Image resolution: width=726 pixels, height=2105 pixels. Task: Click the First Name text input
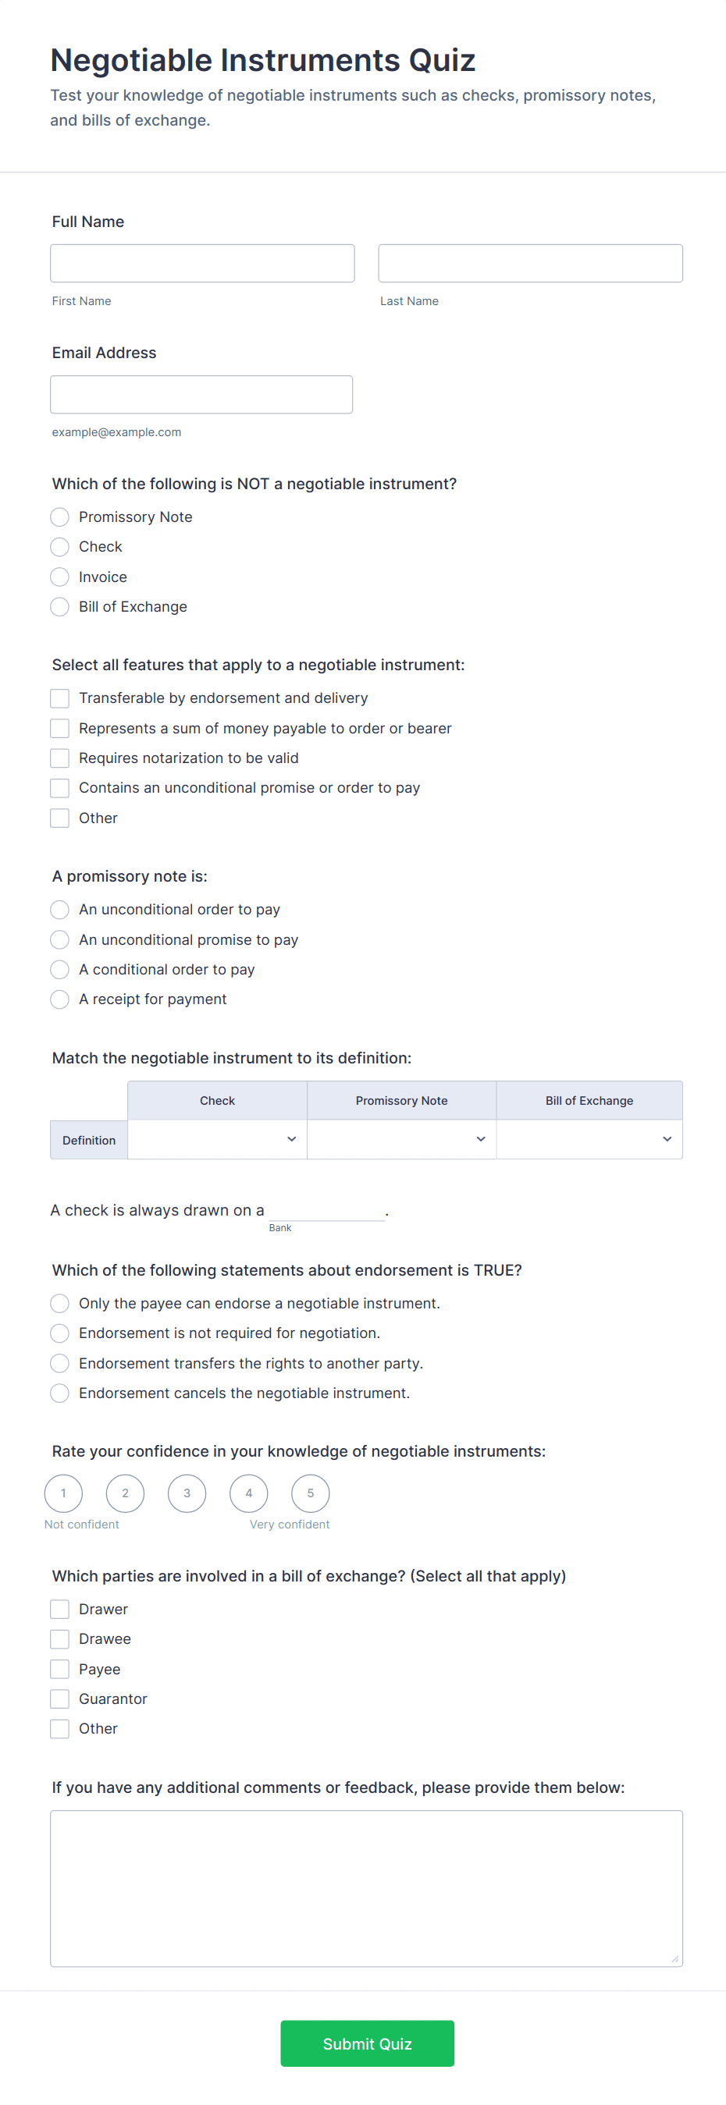[202, 263]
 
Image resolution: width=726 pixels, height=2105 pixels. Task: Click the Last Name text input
[530, 263]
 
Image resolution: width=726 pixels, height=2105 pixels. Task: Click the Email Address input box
[201, 395]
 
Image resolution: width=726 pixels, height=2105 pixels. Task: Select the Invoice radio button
[59, 577]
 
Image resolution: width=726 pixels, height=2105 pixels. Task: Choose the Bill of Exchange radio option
[59, 606]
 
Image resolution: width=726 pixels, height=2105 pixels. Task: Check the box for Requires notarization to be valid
[59, 758]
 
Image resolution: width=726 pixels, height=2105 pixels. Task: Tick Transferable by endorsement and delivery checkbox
[59, 698]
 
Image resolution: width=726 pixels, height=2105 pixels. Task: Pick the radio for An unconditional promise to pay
[59, 939]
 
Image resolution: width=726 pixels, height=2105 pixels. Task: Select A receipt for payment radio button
[59, 999]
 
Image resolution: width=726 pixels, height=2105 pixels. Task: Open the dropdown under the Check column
[218, 1139]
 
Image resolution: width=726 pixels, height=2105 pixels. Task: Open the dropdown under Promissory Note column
[401, 1139]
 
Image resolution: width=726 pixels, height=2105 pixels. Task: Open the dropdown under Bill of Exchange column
[589, 1139]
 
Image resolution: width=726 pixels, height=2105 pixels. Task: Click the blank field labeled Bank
[326, 1210]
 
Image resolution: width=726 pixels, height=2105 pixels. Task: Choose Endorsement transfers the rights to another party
[59, 1363]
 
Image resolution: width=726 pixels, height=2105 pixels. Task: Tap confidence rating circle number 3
[187, 1493]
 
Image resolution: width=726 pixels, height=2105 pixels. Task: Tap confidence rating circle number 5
[311, 1493]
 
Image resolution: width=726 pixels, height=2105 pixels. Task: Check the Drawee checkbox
[59, 1638]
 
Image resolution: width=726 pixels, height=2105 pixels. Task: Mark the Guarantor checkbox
[59, 1699]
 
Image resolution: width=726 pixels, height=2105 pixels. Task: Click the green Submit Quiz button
[367, 2043]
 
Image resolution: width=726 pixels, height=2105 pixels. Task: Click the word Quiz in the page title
[442, 61]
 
